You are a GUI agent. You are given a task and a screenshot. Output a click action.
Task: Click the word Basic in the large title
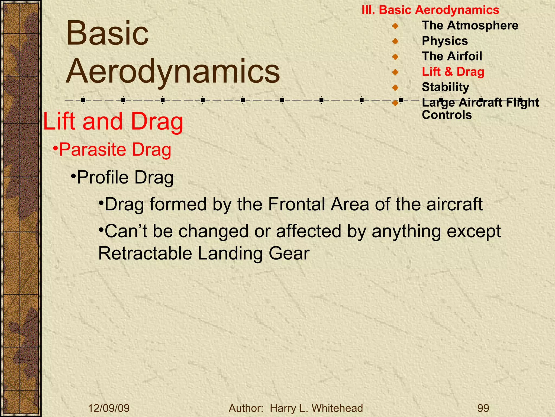[x=108, y=33]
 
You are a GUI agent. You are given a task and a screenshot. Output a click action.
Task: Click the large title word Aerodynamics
[x=173, y=71]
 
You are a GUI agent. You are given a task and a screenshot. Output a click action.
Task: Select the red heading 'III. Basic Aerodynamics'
[x=430, y=10]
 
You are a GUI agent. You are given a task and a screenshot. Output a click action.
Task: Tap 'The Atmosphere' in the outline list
[x=470, y=26]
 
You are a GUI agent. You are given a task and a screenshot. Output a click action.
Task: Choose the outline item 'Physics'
[x=445, y=41]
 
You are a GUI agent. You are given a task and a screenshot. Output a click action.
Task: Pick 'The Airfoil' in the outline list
[x=452, y=56]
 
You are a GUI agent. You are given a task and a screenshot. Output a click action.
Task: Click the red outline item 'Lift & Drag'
[x=453, y=72]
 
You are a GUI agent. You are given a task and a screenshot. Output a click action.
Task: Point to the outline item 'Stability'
[x=445, y=87]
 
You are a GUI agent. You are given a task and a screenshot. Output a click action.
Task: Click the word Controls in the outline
[x=447, y=115]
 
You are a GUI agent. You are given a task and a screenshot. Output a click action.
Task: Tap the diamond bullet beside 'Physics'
[x=395, y=41]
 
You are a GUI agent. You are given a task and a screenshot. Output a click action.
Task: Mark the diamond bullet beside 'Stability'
[x=395, y=87]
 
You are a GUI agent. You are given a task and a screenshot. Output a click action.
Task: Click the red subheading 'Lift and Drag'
[x=113, y=121]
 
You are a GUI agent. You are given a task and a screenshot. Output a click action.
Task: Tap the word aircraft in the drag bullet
[x=454, y=204]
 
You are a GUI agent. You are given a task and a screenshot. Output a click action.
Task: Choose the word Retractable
[x=145, y=253]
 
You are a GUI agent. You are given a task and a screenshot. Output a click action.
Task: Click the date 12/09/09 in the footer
[x=109, y=408]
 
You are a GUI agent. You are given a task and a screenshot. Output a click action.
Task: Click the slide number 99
[x=483, y=408]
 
